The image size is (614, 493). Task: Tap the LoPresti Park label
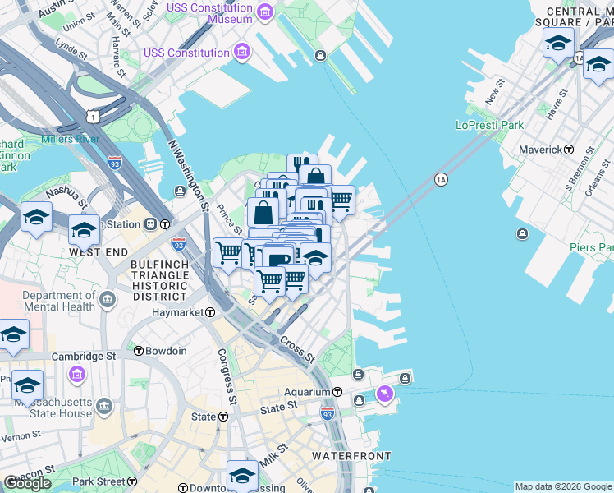pyautogui.click(x=489, y=126)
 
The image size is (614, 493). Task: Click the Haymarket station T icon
pyautogui.click(x=210, y=312)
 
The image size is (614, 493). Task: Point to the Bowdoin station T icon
pyautogui.click(x=139, y=351)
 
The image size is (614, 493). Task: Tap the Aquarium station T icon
pyautogui.click(x=337, y=393)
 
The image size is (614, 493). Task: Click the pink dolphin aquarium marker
pyautogui.click(x=383, y=397)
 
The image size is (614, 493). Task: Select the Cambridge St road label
pyautogui.click(x=83, y=357)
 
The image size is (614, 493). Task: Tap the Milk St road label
pyautogui.click(x=276, y=457)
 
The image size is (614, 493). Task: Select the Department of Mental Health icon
pyautogui.click(x=108, y=301)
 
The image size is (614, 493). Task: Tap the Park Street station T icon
pyautogui.click(x=131, y=481)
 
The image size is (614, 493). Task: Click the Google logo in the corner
pyautogui.click(x=27, y=483)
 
